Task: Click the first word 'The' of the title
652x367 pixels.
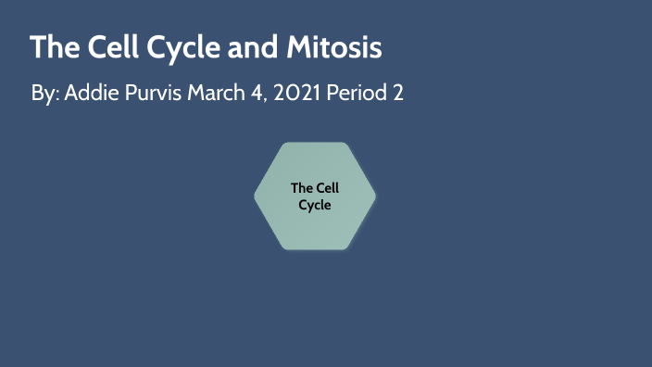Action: coord(53,48)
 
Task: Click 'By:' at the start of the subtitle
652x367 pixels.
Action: coord(44,95)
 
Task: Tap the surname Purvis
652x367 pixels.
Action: coord(152,94)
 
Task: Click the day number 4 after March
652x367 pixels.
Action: coord(266,94)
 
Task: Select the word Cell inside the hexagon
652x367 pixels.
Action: coord(328,188)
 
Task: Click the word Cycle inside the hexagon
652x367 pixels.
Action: coord(315,204)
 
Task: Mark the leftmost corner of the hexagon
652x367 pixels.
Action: coord(256,196)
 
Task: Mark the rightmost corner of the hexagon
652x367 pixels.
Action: coord(375,196)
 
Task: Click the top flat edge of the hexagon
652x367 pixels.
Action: coord(315,144)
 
